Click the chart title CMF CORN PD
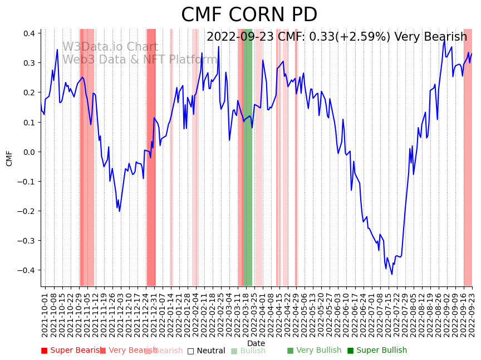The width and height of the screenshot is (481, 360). point(249,15)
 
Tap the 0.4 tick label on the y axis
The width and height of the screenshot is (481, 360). point(29,33)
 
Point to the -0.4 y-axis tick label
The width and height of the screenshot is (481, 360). point(27,270)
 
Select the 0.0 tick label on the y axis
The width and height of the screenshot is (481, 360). point(29,152)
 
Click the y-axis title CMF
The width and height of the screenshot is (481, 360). point(9,158)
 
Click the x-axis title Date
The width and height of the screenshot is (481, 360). point(256,343)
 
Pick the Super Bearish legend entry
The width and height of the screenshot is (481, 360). point(71,351)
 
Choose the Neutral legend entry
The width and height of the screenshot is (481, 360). point(206,351)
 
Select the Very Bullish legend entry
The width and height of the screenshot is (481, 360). point(314,351)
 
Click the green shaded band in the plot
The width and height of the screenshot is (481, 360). point(248,156)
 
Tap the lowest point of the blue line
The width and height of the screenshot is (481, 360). point(391,274)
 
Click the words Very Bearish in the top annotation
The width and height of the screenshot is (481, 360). point(431,37)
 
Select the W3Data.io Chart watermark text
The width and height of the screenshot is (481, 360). point(110,47)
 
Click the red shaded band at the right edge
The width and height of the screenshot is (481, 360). point(468,156)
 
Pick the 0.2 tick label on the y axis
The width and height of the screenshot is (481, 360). point(29,93)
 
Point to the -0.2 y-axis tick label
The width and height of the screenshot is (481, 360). point(27,211)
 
